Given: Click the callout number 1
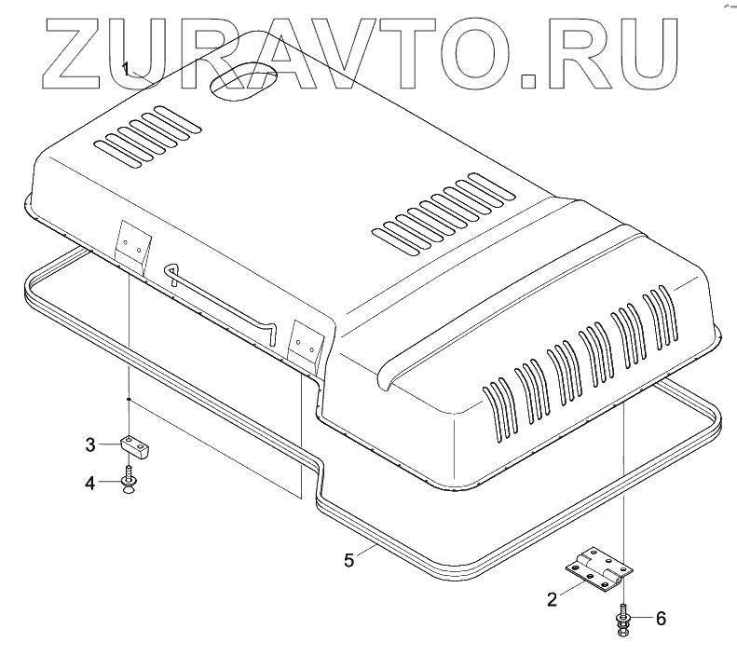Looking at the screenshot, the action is point(126,67).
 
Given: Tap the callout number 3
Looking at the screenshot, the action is point(90,444).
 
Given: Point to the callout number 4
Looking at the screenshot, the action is point(90,482).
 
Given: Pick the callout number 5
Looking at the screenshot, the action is point(348,559).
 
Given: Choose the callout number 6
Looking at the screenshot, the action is point(661,616).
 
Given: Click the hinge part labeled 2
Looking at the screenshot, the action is point(597,569).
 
